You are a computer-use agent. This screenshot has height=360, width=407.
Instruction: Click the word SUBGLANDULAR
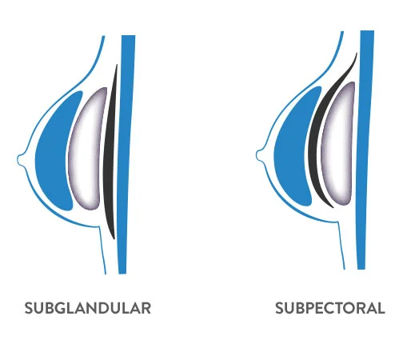pyautogui.click(x=88, y=308)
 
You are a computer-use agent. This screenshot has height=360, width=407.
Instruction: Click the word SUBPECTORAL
pyautogui.click(x=330, y=308)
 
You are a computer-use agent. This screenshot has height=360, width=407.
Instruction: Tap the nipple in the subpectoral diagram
pyautogui.click(x=260, y=155)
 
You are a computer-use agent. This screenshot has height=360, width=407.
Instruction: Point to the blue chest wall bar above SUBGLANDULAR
pyautogui.click(x=127, y=154)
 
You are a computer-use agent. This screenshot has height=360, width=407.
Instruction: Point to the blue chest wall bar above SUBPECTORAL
pyautogui.click(x=365, y=150)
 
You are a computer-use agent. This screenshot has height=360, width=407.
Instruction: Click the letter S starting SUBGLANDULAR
pyautogui.click(x=29, y=308)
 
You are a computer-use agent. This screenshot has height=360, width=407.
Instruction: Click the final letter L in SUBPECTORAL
pyautogui.click(x=381, y=308)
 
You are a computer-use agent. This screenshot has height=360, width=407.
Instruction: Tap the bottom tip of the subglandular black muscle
pyautogui.click(x=114, y=239)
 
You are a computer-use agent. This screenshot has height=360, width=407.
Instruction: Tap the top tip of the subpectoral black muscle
pyautogui.click(x=357, y=53)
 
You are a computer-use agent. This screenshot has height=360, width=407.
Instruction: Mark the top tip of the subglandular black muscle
pyautogui.click(x=117, y=64)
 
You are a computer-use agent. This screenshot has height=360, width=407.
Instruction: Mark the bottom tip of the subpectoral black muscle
pyautogui.click(x=333, y=207)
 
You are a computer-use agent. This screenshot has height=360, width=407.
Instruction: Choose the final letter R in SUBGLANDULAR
pyautogui.click(x=146, y=308)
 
